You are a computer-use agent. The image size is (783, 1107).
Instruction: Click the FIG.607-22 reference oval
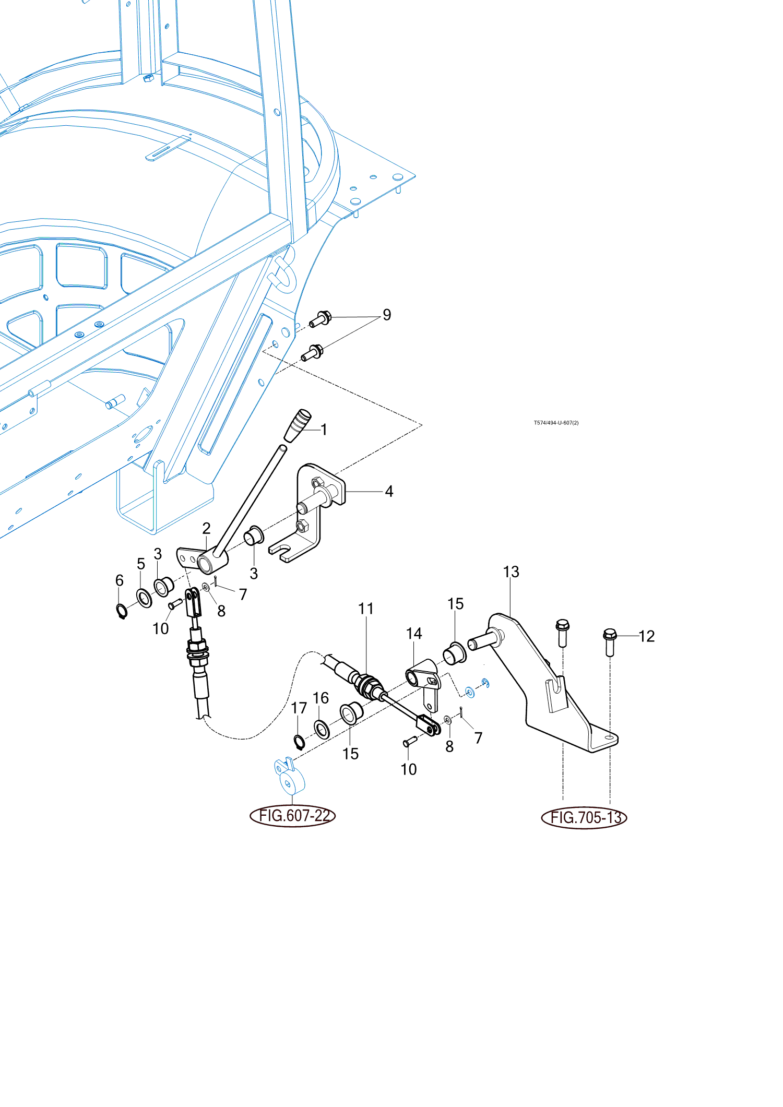(292, 815)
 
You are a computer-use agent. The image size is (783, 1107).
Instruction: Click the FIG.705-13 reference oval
(584, 817)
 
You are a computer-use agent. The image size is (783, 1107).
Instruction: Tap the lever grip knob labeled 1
(298, 425)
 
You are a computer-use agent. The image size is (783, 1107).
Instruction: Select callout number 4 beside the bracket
(389, 491)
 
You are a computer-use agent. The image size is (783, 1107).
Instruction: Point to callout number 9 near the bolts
(387, 315)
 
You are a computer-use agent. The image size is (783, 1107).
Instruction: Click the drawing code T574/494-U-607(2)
(556, 423)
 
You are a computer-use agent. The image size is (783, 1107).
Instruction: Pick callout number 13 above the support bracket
(511, 572)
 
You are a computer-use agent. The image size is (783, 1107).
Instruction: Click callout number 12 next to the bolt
(646, 636)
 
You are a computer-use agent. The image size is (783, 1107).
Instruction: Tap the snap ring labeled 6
(121, 611)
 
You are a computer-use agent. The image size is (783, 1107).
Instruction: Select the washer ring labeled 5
(144, 598)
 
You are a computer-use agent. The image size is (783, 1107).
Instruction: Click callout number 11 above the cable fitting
(366, 609)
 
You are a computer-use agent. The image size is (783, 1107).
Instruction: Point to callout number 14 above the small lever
(414, 633)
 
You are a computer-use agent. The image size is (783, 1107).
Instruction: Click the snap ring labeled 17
(299, 742)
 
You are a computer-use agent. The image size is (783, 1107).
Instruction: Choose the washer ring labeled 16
(322, 729)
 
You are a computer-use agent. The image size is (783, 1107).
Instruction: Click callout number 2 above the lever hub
(206, 528)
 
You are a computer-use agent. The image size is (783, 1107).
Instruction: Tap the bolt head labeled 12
(610, 635)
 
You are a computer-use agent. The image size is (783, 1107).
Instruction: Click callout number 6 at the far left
(120, 580)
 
